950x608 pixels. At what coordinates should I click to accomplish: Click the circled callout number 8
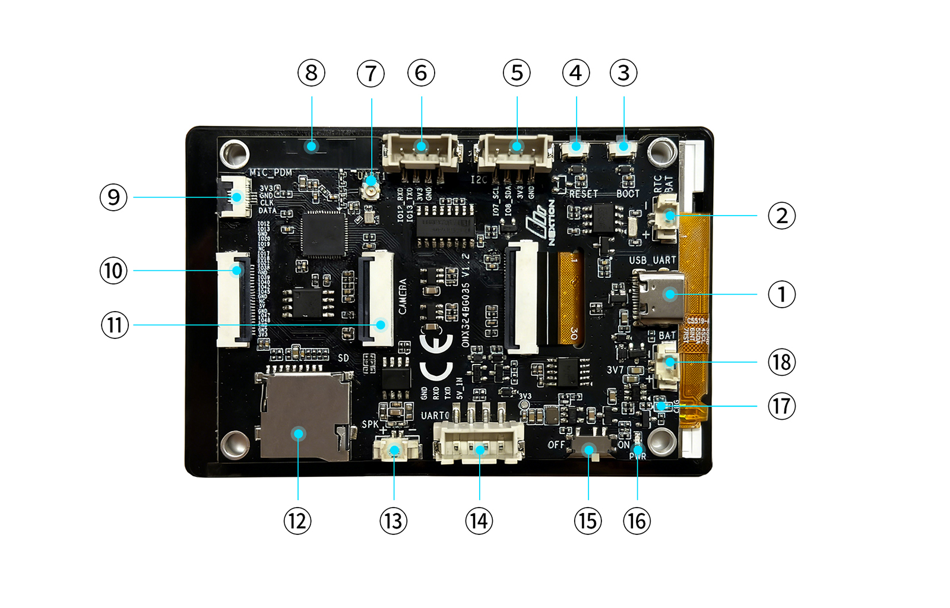pyautogui.click(x=311, y=73)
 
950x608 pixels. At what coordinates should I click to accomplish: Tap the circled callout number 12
pyautogui.click(x=297, y=521)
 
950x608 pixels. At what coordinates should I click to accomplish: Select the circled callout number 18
pyautogui.click(x=781, y=362)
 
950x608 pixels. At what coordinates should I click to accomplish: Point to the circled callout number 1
pyautogui.click(x=781, y=294)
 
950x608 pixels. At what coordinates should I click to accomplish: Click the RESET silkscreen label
pyautogui.click(x=584, y=194)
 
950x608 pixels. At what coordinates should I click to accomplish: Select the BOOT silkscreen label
pyautogui.click(x=628, y=194)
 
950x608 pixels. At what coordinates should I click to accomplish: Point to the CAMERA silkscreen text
pyautogui.click(x=403, y=296)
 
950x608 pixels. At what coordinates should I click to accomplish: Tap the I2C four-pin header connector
pyautogui.click(x=515, y=151)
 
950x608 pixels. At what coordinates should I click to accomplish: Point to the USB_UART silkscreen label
pyautogui.click(x=652, y=260)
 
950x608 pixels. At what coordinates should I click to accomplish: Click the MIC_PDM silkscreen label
pyautogui.click(x=271, y=173)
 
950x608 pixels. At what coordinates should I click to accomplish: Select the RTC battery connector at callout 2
pyautogui.click(x=666, y=218)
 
